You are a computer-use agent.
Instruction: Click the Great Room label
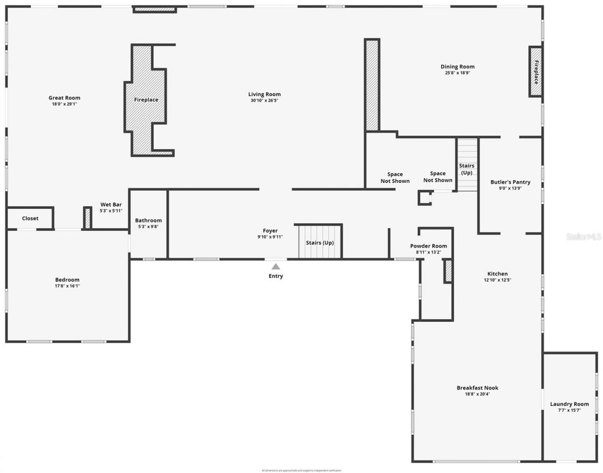[65, 98]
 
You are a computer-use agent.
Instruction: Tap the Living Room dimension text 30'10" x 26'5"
[264, 100]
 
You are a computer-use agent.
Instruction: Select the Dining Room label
[457, 66]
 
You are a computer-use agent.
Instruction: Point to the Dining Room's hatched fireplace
[535, 72]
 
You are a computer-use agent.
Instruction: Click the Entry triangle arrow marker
[276, 266]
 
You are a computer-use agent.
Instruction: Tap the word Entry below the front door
[276, 276]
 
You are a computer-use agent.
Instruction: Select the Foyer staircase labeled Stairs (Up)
[320, 242]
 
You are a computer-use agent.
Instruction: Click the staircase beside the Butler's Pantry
[467, 165]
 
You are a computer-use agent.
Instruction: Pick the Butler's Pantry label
[510, 182]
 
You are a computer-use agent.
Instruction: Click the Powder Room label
[428, 246]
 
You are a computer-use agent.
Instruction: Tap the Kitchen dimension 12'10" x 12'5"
[497, 280]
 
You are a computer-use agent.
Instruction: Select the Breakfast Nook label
[477, 388]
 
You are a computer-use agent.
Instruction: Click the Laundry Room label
[569, 404]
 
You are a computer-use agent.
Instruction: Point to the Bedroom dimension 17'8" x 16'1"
[67, 286]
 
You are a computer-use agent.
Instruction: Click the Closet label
[30, 218]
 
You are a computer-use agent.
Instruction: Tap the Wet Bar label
[111, 205]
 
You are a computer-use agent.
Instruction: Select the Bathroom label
[148, 220]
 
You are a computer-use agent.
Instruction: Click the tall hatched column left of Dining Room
[372, 85]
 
